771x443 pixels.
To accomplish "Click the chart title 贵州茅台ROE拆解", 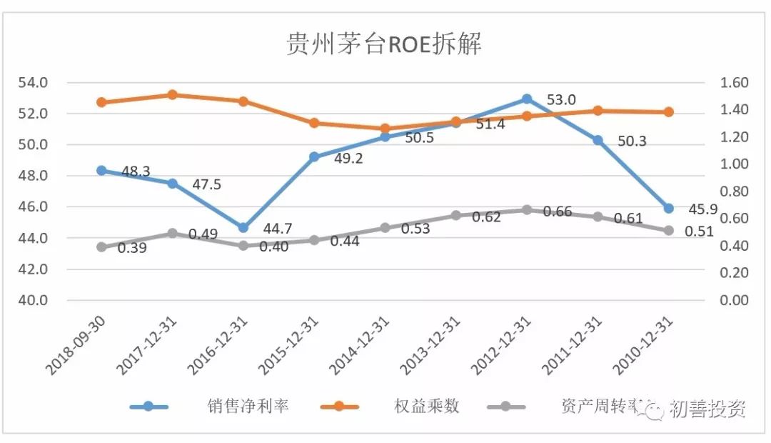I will tap(384, 44).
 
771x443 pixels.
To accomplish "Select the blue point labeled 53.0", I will tap(526, 99).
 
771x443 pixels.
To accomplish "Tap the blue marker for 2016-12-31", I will tap(243, 228).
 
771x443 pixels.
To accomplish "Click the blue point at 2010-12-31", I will tap(668, 209).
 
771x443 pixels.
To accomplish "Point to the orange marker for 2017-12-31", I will tap(172, 95).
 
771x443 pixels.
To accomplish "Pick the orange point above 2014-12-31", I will tap(385, 129).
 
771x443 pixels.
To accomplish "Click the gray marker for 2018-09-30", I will tap(101, 247).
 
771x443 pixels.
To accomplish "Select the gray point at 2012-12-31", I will tap(526, 210).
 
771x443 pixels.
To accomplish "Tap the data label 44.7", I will tap(277, 229).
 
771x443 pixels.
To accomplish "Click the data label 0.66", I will tap(558, 211).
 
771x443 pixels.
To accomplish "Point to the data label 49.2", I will tap(348, 159).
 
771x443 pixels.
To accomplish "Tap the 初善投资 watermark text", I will tap(707, 409).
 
